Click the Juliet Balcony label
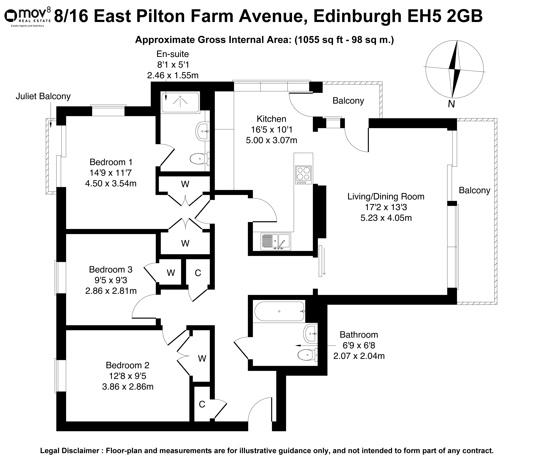point(43,96)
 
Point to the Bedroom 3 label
point(111,269)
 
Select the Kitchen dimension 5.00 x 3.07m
point(272,140)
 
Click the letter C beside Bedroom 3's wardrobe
point(198,273)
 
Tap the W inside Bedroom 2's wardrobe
point(202,359)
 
